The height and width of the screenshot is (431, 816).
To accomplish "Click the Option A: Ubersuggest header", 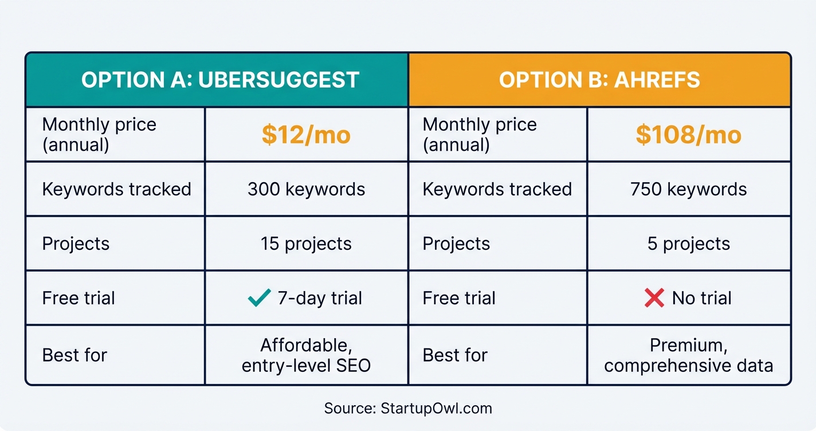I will click(x=220, y=80).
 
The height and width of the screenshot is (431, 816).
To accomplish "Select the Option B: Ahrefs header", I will click(x=599, y=80).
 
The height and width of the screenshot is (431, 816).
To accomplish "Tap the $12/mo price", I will click(x=306, y=135).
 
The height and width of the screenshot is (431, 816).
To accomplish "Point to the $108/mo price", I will click(x=688, y=135).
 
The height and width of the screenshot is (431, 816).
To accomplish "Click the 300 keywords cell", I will click(x=306, y=189).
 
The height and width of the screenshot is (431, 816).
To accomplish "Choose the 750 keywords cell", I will click(x=688, y=189).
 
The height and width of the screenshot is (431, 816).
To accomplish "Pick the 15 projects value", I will click(x=306, y=244).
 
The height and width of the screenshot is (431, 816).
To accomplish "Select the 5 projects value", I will click(x=688, y=244).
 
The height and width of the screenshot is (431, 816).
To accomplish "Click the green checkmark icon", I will click(x=259, y=298).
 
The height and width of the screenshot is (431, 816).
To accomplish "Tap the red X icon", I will click(x=654, y=298).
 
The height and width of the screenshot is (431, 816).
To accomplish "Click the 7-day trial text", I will click(x=320, y=298).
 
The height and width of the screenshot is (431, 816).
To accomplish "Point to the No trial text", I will click(x=701, y=298).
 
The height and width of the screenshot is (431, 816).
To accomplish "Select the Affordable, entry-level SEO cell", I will click(x=306, y=355).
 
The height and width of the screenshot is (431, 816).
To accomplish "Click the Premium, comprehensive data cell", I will click(x=688, y=355).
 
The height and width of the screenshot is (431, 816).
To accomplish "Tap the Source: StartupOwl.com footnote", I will click(x=407, y=408).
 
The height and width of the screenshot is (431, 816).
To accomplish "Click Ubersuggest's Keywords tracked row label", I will click(x=116, y=189).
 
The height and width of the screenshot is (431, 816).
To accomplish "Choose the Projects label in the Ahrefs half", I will click(x=456, y=244).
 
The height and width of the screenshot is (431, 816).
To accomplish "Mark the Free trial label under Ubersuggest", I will click(x=79, y=298).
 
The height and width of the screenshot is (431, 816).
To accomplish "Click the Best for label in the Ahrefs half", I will click(x=455, y=355).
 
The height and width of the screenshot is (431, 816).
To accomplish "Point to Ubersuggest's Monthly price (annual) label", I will click(x=99, y=135).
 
